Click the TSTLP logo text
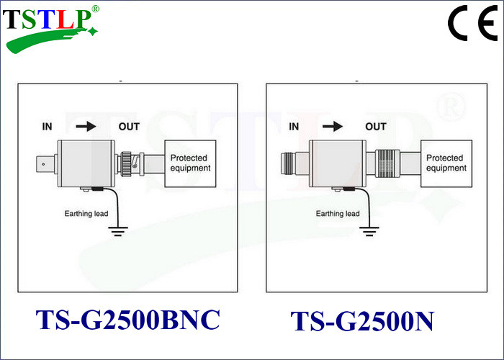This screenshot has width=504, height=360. (46, 19)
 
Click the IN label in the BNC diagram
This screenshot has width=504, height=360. (48, 127)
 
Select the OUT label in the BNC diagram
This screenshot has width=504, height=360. (129, 127)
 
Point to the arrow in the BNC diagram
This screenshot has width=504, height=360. (86, 127)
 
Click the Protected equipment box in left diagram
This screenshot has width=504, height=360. (191, 163)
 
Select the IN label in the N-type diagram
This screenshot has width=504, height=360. (294, 127)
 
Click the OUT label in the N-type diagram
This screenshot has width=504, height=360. (375, 127)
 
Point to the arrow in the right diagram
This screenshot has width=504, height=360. (333, 127)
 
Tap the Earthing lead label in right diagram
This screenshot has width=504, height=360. (338, 214)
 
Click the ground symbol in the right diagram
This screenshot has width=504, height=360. (369, 231)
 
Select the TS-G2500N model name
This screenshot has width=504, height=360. (362, 321)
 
